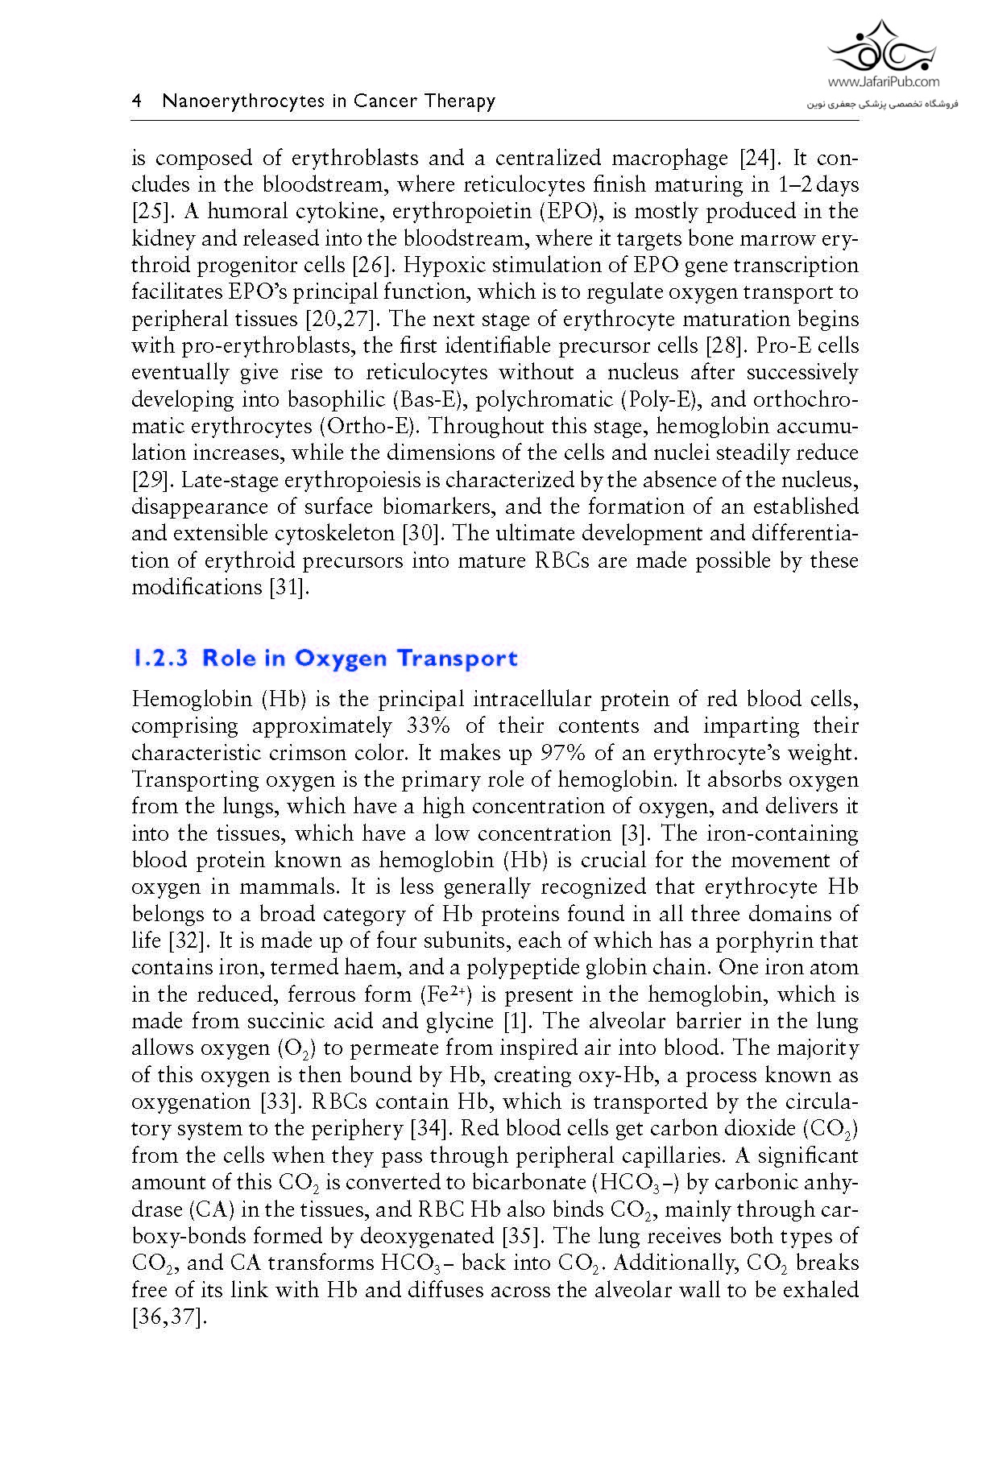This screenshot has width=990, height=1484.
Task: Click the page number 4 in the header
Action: (x=137, y=101)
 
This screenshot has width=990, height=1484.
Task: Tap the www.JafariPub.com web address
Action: (x=883, y=81)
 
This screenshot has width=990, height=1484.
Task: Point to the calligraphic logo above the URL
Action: (x=884, y=47)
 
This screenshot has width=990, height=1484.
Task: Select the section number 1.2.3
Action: (x=159, y=658)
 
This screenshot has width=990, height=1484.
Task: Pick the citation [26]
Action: (x=371, y=265)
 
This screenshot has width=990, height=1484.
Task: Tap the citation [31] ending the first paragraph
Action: (x=288, y=587)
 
